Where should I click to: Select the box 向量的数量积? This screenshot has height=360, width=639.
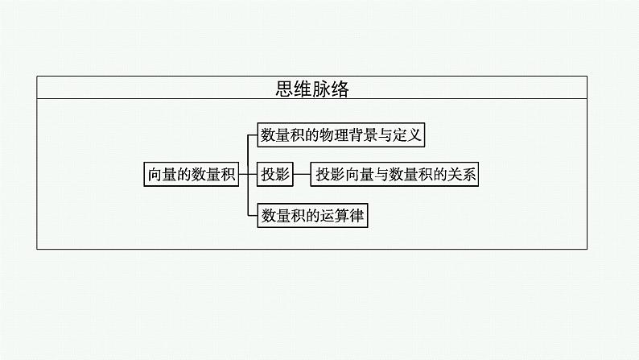[192, 175]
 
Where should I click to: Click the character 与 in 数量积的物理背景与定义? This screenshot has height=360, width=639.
[390, 134]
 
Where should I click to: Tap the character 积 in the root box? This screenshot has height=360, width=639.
[230, 175]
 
